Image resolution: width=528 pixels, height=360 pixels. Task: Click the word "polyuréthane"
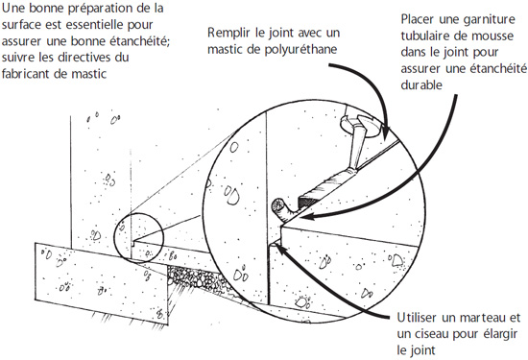(x=300, y=50)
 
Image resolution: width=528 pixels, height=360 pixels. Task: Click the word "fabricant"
(x=26, y=73)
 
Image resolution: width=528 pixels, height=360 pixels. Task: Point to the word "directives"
(x=84, y=57)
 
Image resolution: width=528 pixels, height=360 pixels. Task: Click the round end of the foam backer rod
(x=277, y=204)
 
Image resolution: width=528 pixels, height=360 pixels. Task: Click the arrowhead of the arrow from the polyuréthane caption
(x=386, y=133)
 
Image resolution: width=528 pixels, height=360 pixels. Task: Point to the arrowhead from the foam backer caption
(x=305, y=216)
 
